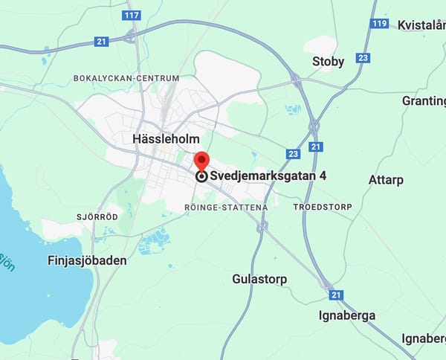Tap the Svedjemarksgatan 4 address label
(268, 176)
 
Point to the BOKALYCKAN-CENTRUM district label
(126, 78)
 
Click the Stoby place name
(328, 62)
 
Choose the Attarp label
(387, 180)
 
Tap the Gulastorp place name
(259, 279)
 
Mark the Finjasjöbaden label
(86, 261)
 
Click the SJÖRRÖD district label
(97, 217)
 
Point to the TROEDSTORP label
(323, 206)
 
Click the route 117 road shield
(132, 15)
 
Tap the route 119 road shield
(379, 23)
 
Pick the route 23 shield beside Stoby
(363, 57)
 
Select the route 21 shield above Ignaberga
(336, 295)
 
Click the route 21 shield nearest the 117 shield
(102, 42)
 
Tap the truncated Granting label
(424, 100)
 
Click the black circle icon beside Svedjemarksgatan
(201, 176)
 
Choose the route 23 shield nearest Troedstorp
(293, 155)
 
